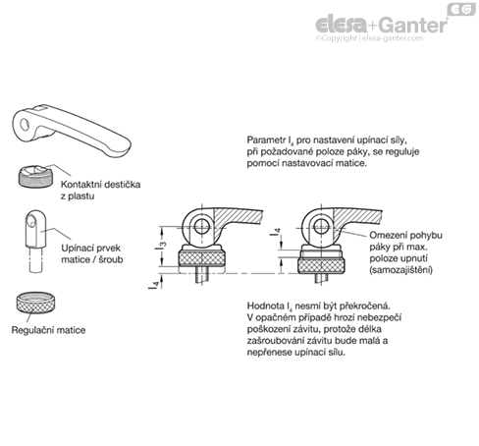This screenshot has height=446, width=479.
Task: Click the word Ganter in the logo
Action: (x=414, y=25)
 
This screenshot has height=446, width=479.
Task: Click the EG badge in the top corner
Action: (x=461, y=9)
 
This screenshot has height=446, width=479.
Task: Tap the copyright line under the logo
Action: (x=369, y=38)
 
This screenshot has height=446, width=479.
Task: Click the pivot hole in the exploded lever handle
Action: (x=25, y=124)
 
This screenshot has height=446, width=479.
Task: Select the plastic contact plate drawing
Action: (x=35, y=176)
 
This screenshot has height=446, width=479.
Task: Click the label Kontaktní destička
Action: (x=101, y=185)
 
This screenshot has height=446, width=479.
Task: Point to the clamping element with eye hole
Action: (x=35, y=241)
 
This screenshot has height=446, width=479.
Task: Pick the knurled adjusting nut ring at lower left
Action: (x=35, y=303)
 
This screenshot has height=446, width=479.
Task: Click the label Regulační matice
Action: (x=48, y=330)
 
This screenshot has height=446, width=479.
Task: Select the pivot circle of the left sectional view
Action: (x=202, y=226)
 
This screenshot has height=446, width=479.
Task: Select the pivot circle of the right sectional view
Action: (x=321, y=226)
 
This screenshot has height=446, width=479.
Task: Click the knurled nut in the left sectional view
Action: (x=202, y=258)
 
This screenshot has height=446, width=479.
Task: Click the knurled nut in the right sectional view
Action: (x=321, y=265)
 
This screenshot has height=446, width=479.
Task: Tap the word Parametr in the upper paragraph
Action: (x=266, y=140)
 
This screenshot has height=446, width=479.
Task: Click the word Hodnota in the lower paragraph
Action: (x=266, y=306)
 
